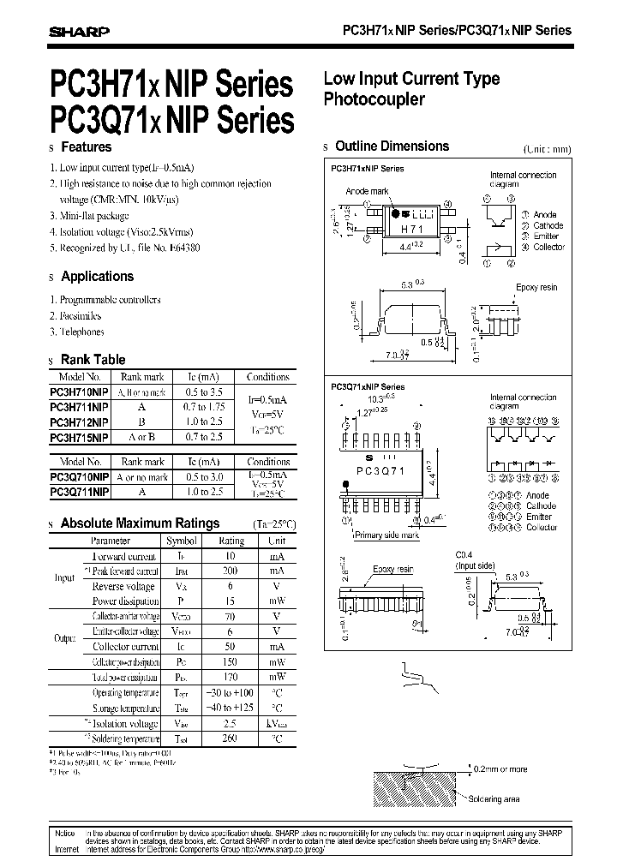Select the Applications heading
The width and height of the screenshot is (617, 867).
98,277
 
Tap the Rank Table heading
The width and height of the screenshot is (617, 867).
93,360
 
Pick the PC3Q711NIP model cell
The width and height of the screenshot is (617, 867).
79,491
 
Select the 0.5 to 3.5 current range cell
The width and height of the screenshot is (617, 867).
203,392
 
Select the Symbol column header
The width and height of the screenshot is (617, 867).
181,541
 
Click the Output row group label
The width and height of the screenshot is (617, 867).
65,639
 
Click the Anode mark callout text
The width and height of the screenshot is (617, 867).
368,193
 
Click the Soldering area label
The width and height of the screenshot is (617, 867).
517,798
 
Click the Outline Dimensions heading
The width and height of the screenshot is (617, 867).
392,146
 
